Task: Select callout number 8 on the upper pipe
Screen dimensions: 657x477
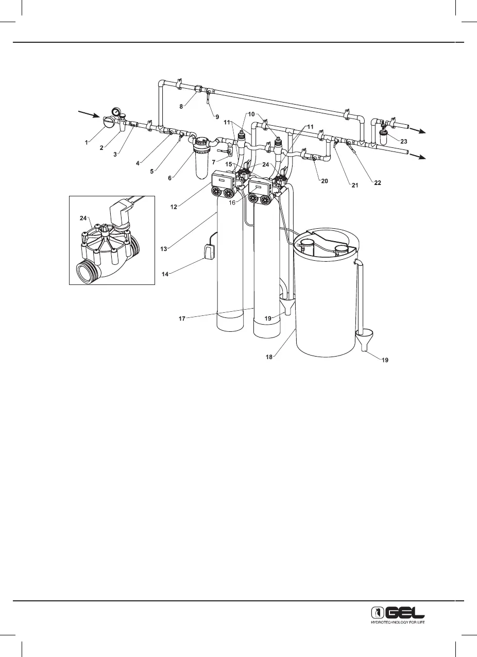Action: pyautogui.click(x=181, y=106)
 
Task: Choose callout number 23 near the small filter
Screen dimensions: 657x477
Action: pyautogui.click(x=403, y=140)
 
